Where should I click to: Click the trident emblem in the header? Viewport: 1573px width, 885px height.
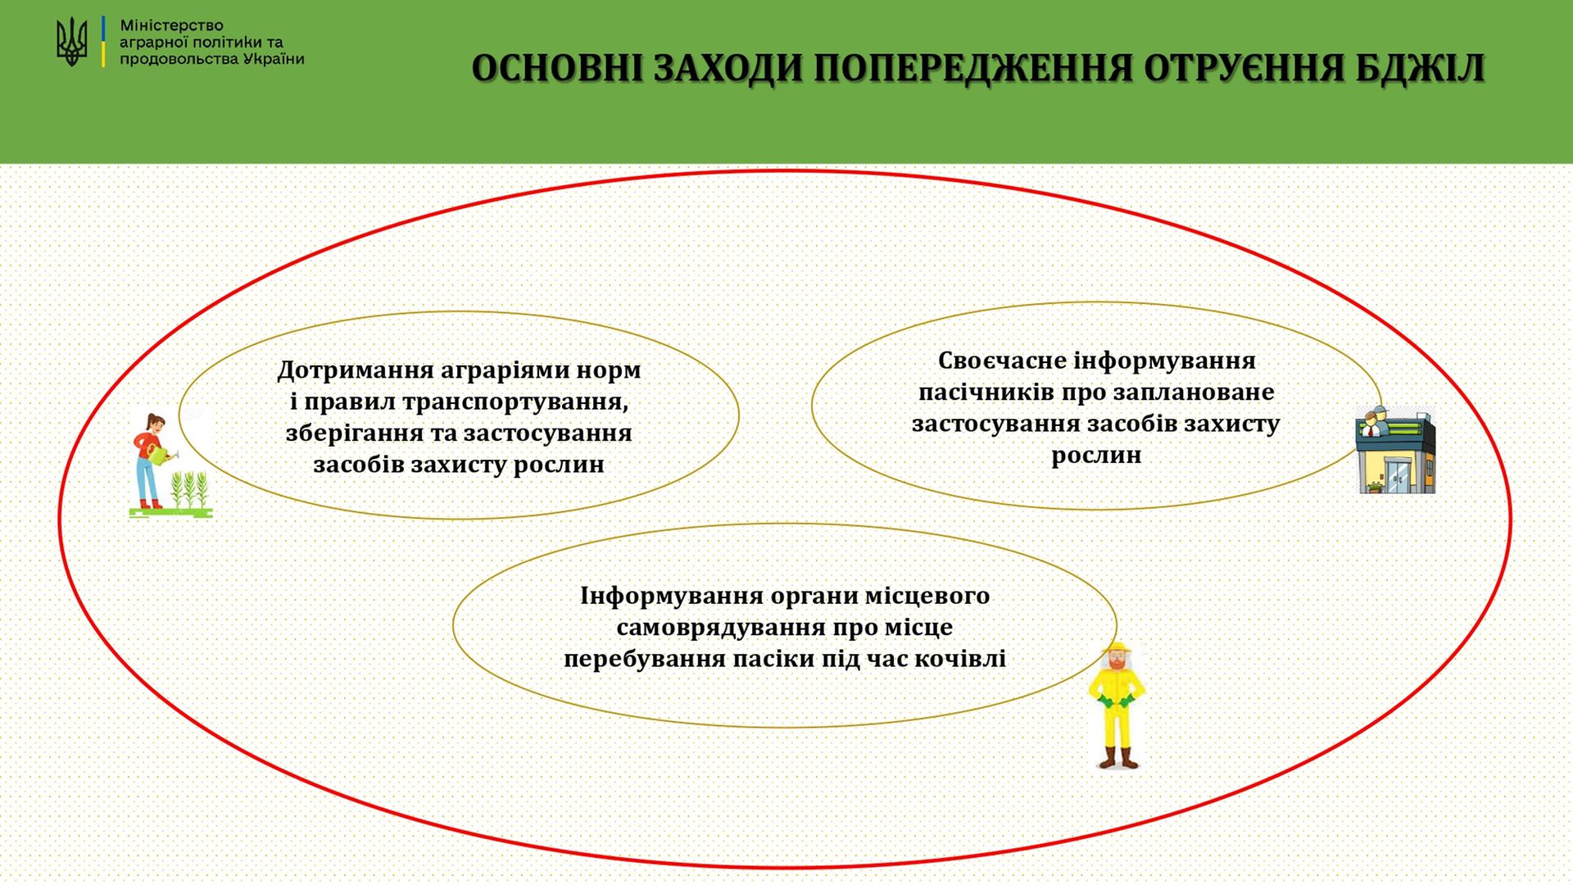point(71,42)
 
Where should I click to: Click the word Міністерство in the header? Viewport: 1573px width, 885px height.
point(171,25)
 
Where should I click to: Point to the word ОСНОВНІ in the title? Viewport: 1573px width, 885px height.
point(557,68)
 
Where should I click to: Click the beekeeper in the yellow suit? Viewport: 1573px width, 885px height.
point(1117,706)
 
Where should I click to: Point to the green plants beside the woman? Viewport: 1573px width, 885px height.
point(191,490)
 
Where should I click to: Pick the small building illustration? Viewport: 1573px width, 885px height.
point(1396,449)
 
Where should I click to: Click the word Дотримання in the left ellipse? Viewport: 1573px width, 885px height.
point(355,370)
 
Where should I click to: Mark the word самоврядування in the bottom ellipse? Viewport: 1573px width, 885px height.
point(720,628)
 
